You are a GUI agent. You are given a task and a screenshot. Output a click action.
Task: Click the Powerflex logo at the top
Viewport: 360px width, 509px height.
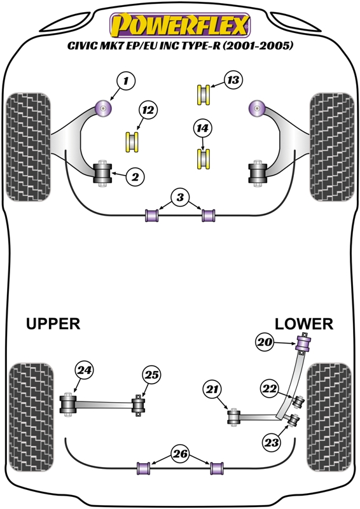coord(180,25)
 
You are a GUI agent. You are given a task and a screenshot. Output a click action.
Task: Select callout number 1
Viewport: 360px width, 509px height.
coord(126,81)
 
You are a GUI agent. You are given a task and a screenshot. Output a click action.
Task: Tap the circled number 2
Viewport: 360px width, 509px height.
coord(135,177)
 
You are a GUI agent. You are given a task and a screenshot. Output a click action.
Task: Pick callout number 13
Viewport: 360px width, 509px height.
coord(233,80)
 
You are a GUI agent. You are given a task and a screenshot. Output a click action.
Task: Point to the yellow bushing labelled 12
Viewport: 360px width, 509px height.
coord(132,142)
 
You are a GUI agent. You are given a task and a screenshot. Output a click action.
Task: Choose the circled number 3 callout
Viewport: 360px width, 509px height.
coord(180,197)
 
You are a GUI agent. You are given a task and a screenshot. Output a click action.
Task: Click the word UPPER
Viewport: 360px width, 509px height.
coord(53,324)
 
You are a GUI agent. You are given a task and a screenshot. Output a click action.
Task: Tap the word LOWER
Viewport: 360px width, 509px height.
coord(304,324)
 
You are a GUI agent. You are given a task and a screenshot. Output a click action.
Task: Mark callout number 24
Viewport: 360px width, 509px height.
coord(85,370)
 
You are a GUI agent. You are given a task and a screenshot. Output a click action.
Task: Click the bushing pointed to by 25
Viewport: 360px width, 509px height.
coord(138,405)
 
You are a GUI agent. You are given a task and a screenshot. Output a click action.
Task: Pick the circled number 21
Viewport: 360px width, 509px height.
coord(212,389)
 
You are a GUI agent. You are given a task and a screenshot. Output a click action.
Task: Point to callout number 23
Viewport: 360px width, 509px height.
coord(272,442)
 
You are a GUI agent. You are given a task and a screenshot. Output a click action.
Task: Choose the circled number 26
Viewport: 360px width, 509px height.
coord(180,454)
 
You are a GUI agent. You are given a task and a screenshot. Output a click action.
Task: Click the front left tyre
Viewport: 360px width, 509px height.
coord(29,147)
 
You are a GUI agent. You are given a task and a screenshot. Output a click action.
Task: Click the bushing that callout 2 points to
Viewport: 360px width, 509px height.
coord(102,173)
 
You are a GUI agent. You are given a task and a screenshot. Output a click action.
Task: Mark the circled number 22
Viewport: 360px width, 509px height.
coord(270,389)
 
